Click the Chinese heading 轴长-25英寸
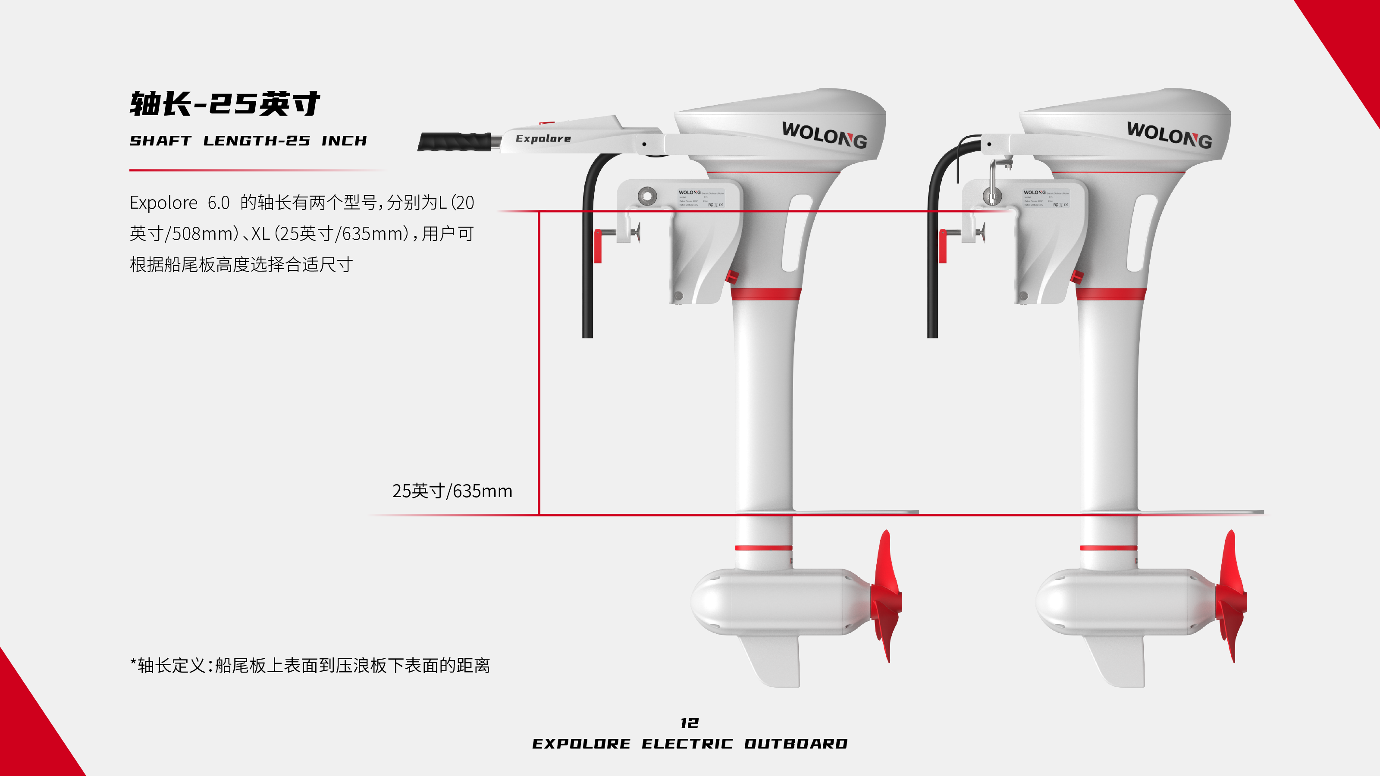(x=225, y=103)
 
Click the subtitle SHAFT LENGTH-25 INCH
(x=248, y=141)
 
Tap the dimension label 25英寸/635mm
(x=452, y=491)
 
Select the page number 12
(x=690, y=723)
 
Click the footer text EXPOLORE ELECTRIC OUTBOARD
(x=690, y=743)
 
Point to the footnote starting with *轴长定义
(x=310, y=665)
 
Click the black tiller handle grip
(x=454, y=142)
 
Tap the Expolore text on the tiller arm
(x=543, y=138)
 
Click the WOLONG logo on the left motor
(x=824, y=135)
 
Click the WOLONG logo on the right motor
(x=1169, y=135)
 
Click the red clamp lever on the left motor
(x=598, y=246)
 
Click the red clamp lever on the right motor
(x=943, y=246)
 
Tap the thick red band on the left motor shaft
(x=765, y=294)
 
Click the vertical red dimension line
(x=539, y=364)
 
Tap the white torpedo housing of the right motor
(x=1120, y=601)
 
